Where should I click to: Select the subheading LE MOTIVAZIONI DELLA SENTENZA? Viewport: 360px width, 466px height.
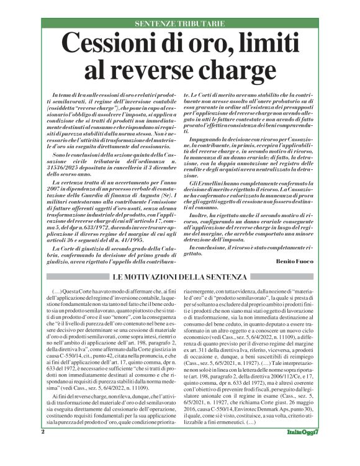[180, 276]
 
